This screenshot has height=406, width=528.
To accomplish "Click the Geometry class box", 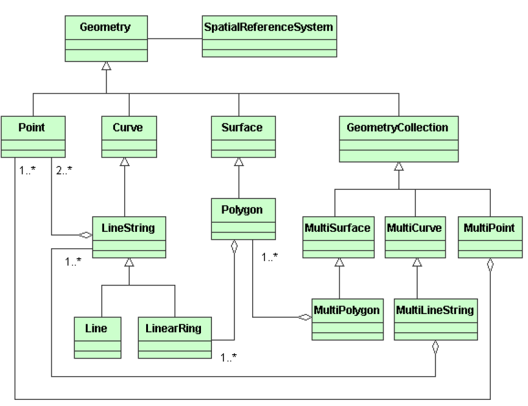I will pos(106,38).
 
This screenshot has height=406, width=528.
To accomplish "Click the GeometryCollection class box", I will pos(397,139).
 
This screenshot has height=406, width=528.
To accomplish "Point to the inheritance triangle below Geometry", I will pos(107,66).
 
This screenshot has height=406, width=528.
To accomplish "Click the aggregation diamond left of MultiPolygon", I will pos(304,317).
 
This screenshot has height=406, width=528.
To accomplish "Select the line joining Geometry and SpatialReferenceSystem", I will pos(175,38).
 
